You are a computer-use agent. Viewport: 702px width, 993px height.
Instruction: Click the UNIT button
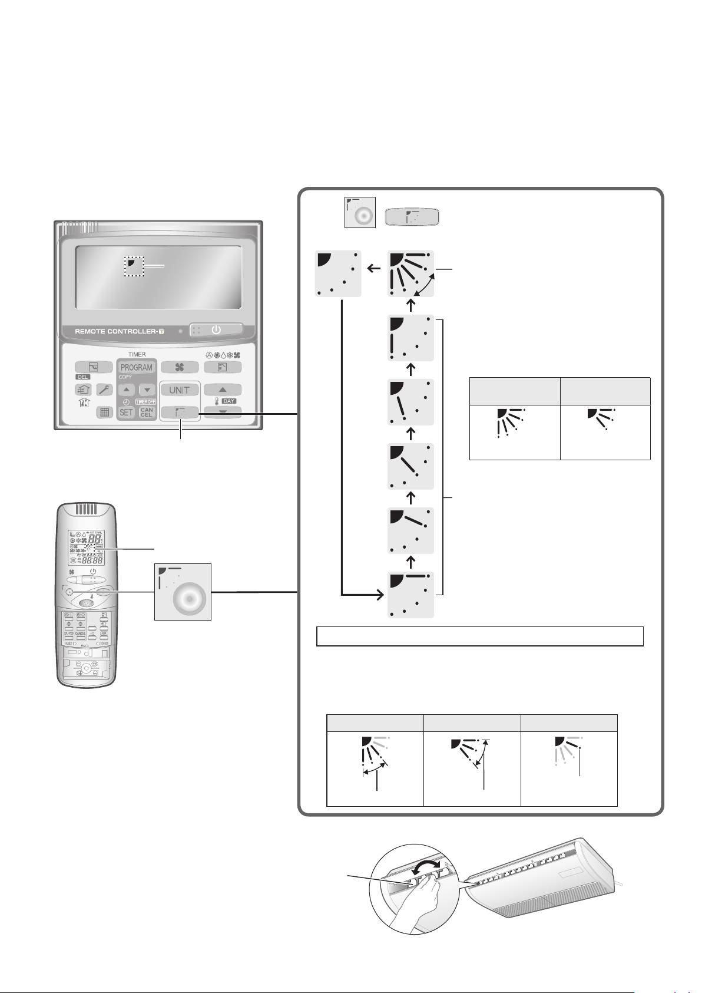pyautogui.click(x=180, y=390)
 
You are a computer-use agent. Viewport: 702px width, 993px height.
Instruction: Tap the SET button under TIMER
pyautogui.click(x=127, y=412)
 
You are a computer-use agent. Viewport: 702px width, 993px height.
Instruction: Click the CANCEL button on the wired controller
pyautogui.click(x=147, y=412)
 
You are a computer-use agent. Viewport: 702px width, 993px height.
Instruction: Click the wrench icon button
pyautogui.click(x=104, y=390)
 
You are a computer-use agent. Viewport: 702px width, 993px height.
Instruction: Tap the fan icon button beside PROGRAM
pyautogui.click(x=180, y=367)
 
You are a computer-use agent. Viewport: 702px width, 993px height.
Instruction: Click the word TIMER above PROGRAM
pyautogui.click(x=137, y=354)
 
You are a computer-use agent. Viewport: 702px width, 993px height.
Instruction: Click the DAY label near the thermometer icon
pyautogui.click(x=229, y=401)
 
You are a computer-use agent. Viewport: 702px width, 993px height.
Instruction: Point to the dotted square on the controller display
pyautogui.click(x=134, y=266)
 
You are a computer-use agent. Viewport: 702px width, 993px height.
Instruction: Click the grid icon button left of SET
pyautogui.click(x=104, y=412)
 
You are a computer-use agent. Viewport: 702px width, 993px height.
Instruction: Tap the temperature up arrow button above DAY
pyautogui.click(x=223, y=390)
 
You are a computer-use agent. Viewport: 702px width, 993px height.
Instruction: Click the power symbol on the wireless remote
pyautogui.click(x=93, y=571)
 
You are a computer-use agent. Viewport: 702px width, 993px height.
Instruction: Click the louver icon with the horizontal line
pyautogui.click(x=411, y=595)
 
